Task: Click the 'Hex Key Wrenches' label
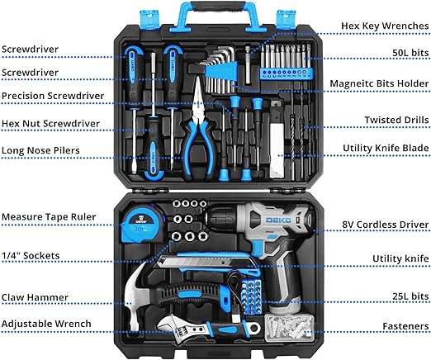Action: pyautogui.click(x=385, y=26)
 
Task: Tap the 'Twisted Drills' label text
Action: pyautogui.click(x=396, y=120)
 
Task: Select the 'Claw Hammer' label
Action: pyautogui.click(x=35, y=297)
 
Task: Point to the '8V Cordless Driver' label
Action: pyautogui.click(x=386, y=225)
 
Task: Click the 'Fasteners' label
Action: pyautogui.click(x=405, y=326)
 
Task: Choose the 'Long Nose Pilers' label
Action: pyautogui.click(x=40, y=150)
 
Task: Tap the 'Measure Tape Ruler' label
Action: pyautogui.click(x=49, y=217)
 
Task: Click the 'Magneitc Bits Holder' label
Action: pyautogui.click(x=379, y=83)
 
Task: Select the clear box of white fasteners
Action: pyautogui.click(x=289, y=328)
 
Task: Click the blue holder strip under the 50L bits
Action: pyautogui.click(x=287, y=73)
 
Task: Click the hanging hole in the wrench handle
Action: pyautogui.click(x=254, y=328)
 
